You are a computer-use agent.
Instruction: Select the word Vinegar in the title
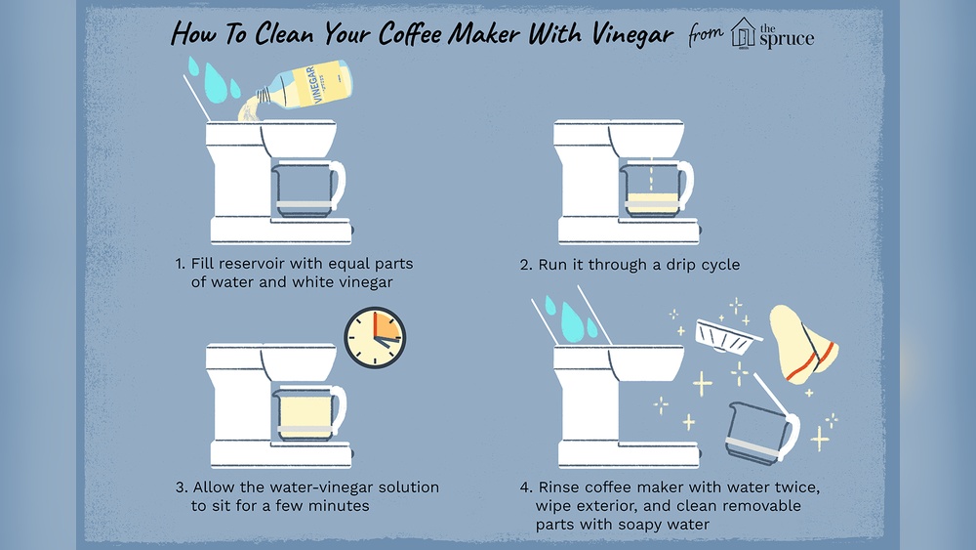point(623,35)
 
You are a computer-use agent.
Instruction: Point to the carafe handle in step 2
point(685,184)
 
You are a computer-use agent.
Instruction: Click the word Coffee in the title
point(388,34)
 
